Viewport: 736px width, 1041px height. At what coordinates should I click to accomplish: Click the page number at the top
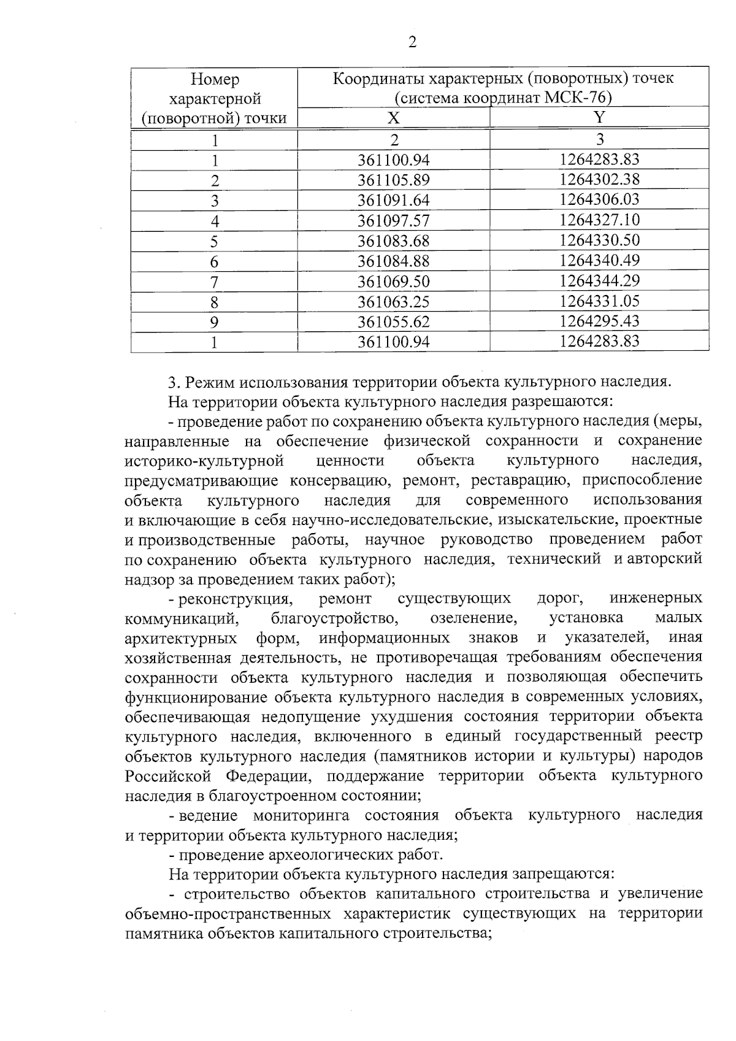tap(412, 42)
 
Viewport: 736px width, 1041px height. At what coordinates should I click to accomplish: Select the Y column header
tap(599, 117)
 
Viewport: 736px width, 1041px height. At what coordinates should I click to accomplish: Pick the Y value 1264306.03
tap(599, 199)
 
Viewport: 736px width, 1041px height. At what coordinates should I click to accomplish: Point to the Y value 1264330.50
tap(599, 240)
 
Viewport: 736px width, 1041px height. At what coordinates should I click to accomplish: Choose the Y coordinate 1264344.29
tap(599, 280)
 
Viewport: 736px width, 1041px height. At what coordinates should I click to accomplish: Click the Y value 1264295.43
tap(599, 321)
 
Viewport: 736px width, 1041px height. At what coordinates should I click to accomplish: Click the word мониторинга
tap(301, 816)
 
